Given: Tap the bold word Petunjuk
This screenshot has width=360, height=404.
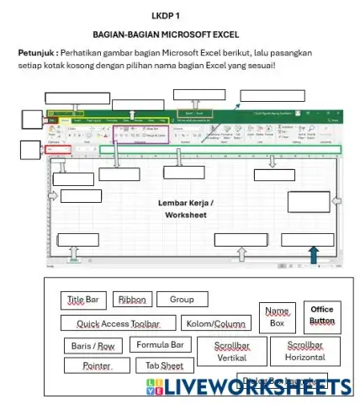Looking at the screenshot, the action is [x=36, y=53].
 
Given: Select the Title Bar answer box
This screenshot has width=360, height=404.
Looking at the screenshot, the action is [x=82, y=300].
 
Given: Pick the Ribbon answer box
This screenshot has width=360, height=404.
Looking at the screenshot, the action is [x=132, y=300].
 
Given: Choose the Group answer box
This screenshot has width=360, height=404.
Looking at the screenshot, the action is [x=182, y=300].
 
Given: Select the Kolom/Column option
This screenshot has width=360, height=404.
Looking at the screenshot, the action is [x=214, y=323].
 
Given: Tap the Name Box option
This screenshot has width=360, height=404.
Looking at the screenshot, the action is [x=277, y=316].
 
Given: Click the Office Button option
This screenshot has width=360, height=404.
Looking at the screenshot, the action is [x=321, y=315].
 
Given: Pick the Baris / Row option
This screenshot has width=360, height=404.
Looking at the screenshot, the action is [x=93, y=346].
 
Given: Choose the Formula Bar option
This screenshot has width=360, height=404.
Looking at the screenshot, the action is [x=160, y=345].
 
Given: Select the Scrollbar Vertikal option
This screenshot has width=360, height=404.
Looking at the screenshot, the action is [x=231, y=351].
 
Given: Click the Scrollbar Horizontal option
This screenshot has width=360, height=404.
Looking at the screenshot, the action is [x=304, y=351].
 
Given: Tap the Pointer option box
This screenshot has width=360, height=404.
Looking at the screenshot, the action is [x=96, y=366].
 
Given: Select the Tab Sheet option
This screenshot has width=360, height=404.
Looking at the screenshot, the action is [x=165, y=366].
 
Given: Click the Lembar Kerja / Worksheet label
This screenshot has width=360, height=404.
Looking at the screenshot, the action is [x=185, y=210].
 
